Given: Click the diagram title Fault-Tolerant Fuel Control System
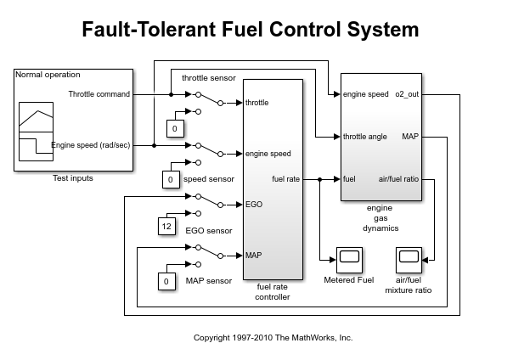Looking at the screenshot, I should [251, 30].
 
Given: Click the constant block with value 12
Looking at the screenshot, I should [166, 226].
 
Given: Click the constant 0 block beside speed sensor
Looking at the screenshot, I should [171, 179].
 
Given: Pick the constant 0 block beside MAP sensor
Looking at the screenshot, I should [166, 281].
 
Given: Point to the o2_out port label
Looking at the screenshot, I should [406, 94].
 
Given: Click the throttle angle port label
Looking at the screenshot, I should [365, 136].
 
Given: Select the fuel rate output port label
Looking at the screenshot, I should [285, 179].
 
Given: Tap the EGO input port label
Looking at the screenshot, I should [253, 205].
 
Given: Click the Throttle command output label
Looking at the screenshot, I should [99, 94].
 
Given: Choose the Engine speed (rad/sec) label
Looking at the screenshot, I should [91, 145].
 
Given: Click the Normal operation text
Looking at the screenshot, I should [48, 75].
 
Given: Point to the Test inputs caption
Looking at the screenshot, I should [73, 178].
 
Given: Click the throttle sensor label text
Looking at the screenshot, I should [208, 79].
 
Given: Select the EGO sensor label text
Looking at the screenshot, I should [208, 230].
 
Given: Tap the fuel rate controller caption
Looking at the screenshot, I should [273, 291].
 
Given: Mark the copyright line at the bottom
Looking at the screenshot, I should [273, 337].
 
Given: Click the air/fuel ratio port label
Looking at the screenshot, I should [397, 179].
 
